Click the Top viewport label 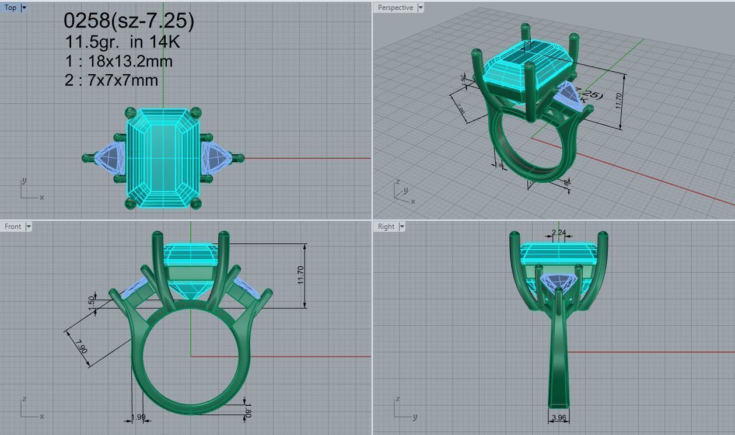click(10, 8)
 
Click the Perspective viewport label click(395, 8)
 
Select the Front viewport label click(12, 227)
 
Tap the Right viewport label click(386, 227)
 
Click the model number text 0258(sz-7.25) click(128, 21)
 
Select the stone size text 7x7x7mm click(123, 80)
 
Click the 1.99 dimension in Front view click(138, 417)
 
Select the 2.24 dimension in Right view click(559, 232)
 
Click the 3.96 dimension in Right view click(559, 417)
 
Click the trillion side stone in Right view click(559, 282)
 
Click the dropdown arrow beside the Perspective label click(420, 8)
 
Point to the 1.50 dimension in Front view click(91, 302)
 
